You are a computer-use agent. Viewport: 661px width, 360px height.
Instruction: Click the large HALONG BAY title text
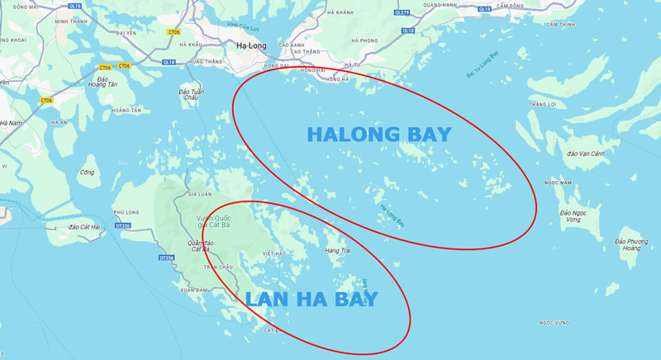(379, 134)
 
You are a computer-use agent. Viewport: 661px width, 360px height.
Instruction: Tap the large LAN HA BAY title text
(311, 300)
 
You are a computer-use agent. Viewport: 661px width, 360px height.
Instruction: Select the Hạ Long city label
(250, 46)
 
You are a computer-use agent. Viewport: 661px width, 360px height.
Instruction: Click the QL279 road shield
(402, 12)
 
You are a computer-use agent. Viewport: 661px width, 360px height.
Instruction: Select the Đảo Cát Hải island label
(84, 226)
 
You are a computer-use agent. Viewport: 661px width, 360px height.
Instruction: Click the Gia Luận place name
(201, 194)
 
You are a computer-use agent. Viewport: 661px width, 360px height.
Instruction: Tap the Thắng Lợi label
(544, 104)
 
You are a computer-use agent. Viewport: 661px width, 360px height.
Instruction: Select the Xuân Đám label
(194, 290)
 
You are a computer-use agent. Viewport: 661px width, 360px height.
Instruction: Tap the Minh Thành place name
(70, 21)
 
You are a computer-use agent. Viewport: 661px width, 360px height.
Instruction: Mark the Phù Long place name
(126, 211)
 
